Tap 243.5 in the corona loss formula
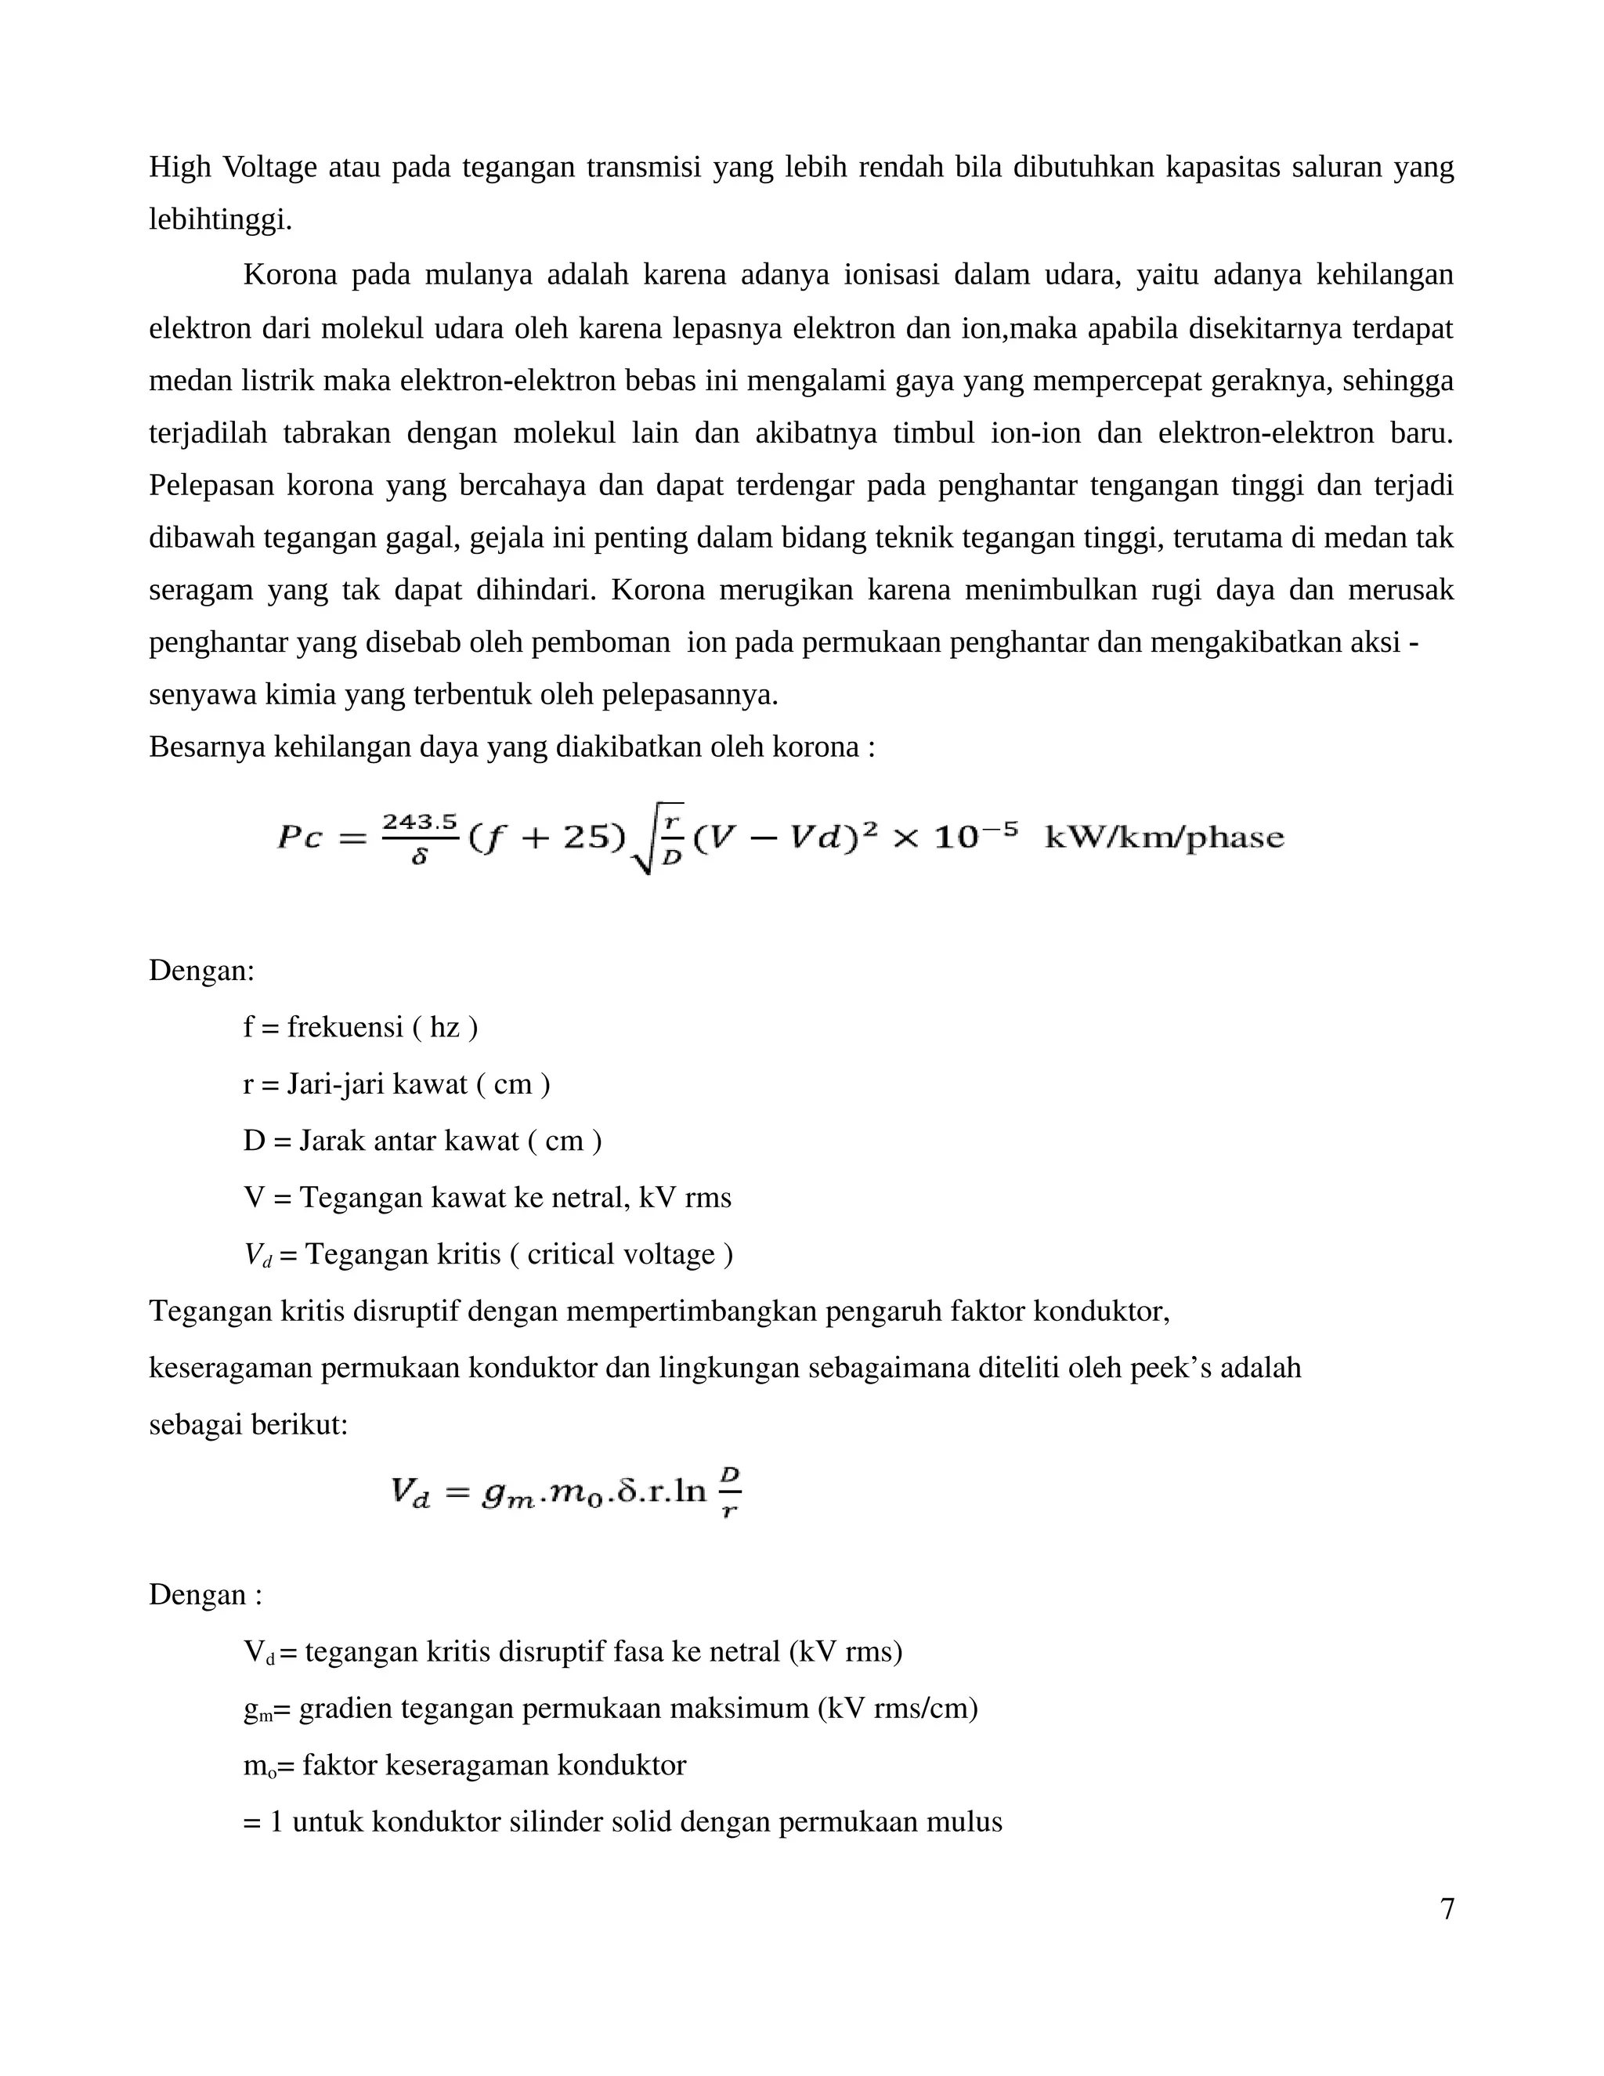[419, 821]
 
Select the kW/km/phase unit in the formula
[1164, 837]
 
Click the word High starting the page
[179, 168]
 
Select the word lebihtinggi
[220, 221]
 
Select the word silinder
[552, 1821]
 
